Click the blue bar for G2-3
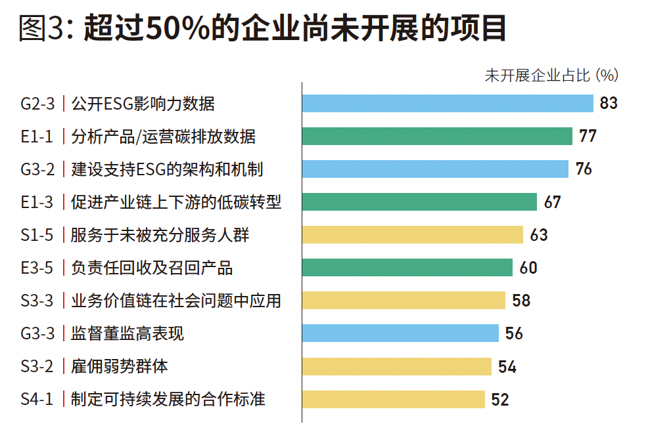tap(448, 104)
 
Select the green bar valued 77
tap(437, 137)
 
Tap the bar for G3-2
tap(435, 169)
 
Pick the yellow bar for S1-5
tap(413, 235)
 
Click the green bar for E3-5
tap(407, 268)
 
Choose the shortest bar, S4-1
tap(393, 399)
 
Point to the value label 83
tap(609, 104)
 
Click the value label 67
tap(553, 202)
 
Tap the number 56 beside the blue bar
tap(514, 333)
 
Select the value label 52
tap(500, 399)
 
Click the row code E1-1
tap(37, 137)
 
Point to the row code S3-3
tap(37, 301)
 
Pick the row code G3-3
tap(37, 333)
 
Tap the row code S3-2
tap(37, 366)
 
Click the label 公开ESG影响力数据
tap(143, 104)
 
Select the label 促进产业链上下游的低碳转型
tap(176, 202)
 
